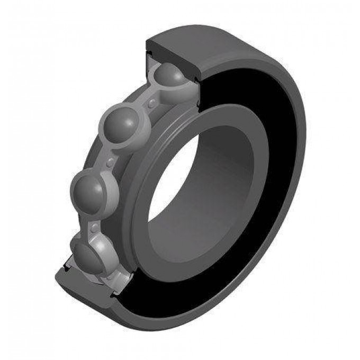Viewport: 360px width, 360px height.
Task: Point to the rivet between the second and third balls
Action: tap(110, 159)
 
